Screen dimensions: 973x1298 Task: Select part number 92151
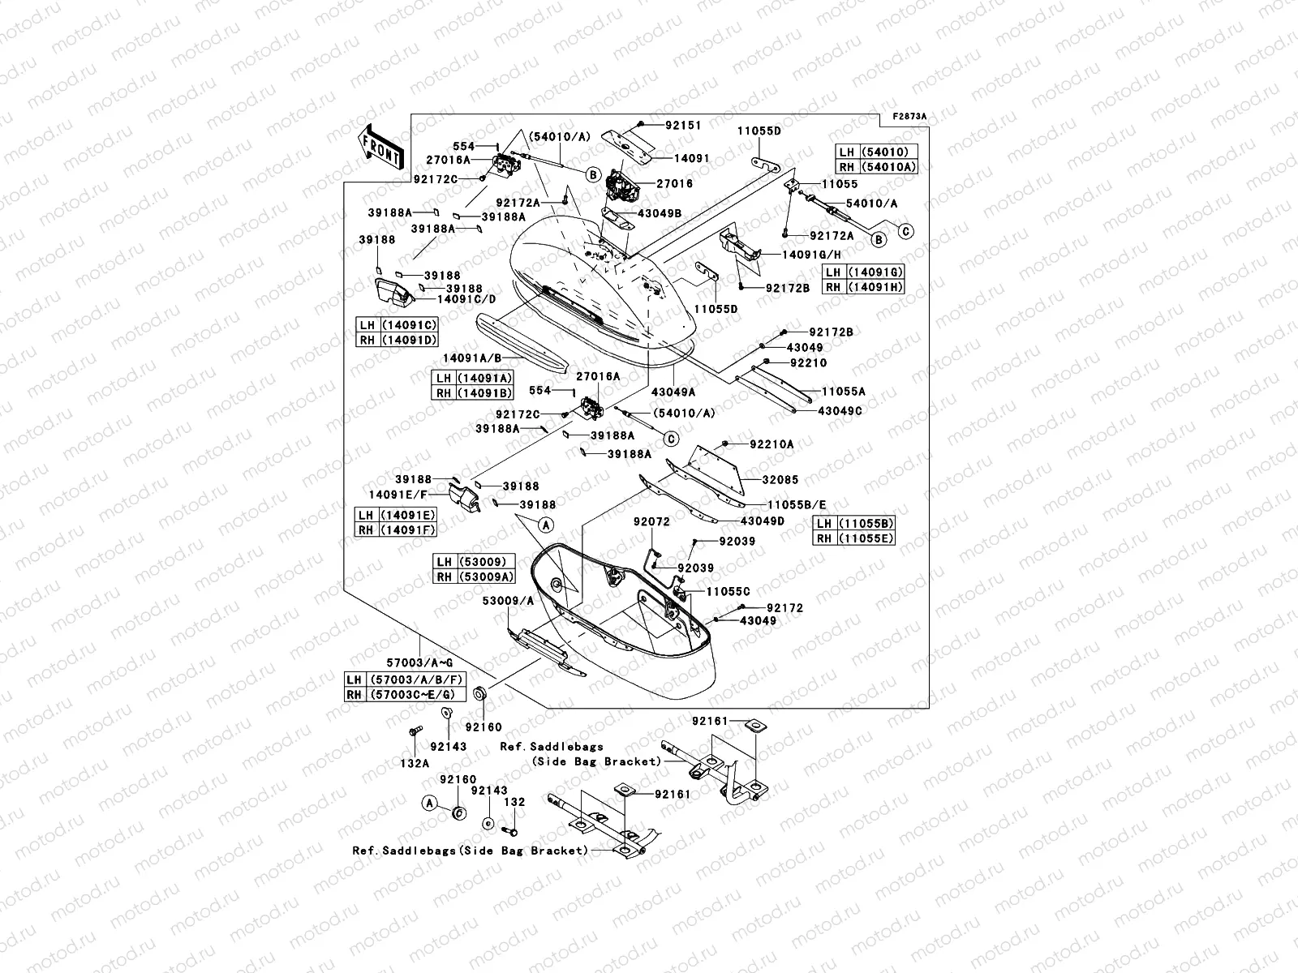click(x=683, y=126)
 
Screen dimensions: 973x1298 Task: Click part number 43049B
click(x=659, y=213)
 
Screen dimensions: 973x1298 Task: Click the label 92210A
click(x=771, y=444)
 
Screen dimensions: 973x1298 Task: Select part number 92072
click(x=651, y=522)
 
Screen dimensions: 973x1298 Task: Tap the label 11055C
click(x=728, y=592)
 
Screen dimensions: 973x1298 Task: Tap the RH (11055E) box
click(x=855, y=538)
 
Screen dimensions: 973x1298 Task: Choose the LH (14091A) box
click(x=474, y=378)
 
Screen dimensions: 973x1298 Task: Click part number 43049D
click(x=762, y=521)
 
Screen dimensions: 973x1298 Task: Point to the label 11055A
click(x=843, y=392)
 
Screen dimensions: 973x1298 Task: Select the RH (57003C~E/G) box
click(x=401, y=694)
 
